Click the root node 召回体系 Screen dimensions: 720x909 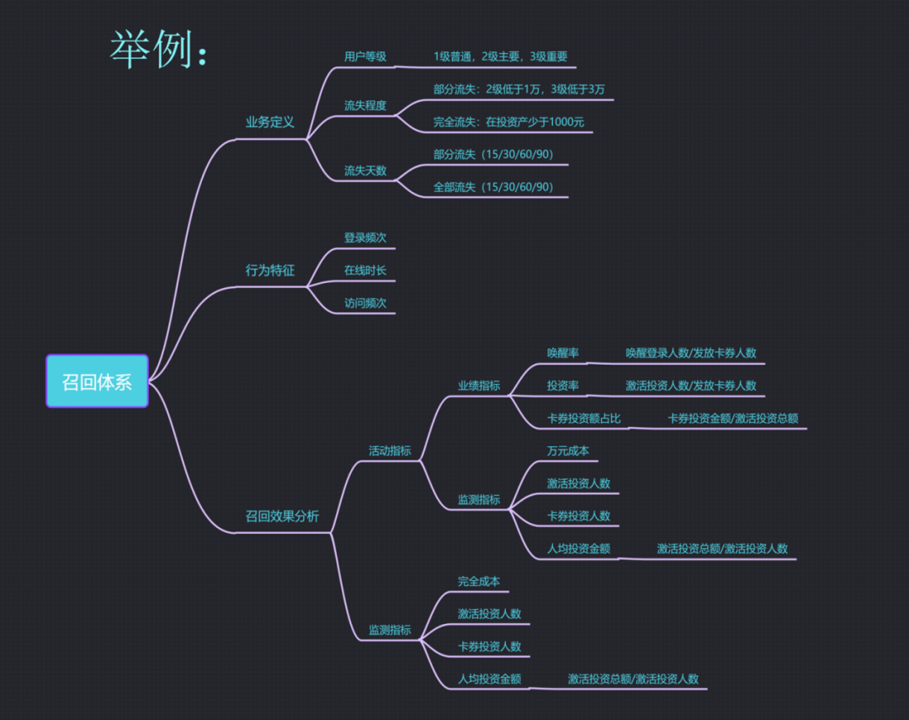(x=97, y=381)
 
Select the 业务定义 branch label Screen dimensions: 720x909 (x=269, y=122)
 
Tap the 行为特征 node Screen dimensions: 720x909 (x=269, y=270)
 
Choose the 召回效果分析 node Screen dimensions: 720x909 (x=282, y=516)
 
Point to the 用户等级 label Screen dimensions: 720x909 (x=364, y=56)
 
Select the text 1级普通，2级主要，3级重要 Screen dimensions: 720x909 (x=500, y=56)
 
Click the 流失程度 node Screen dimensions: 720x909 (x=364, y=105)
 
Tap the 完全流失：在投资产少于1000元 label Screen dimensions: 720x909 (x=508, y=122)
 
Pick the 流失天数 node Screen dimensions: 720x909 (x=364, y=170)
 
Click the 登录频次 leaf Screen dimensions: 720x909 (x=364, y=237)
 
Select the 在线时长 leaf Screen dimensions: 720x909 (x=364, y=270)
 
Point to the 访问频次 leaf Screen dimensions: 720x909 (x=364, y=303)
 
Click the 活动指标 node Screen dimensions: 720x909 (x=390, y=451)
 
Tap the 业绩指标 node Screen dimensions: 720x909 (x=479, y=386)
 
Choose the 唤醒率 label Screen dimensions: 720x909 (x=562, y=353)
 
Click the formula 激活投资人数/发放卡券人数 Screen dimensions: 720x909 (x=690, y=386)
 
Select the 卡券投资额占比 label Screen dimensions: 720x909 (x=583, y=418)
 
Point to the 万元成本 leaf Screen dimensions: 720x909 (x=567, y=451)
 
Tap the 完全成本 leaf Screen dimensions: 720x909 (x=478, y=581)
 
